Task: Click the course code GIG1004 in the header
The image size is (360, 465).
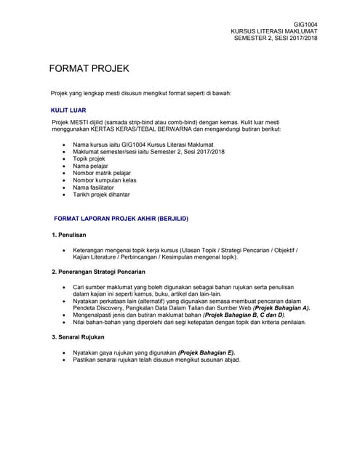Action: coord(305,25)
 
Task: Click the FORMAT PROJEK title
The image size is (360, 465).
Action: coord(89,69)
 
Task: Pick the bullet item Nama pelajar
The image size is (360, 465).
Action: coord(90,166)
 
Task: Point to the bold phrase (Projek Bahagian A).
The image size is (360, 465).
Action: coord(282,308)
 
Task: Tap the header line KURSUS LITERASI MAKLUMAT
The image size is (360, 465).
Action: coord(274,31)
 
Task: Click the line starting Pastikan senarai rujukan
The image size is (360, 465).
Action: coord(156,360)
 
